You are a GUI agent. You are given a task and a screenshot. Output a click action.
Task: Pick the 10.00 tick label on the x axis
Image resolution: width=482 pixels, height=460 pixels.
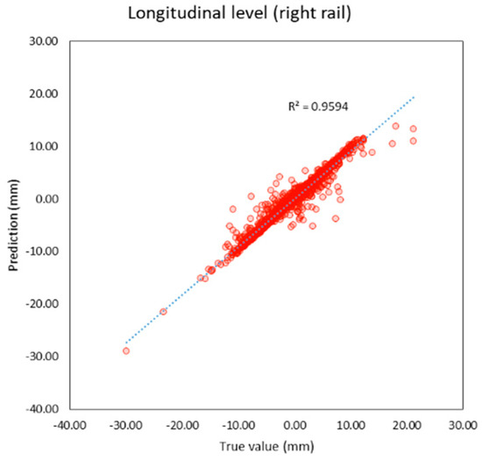tap(351, 424)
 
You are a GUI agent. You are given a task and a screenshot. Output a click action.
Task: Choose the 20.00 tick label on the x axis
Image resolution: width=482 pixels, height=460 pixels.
tap(408, 424)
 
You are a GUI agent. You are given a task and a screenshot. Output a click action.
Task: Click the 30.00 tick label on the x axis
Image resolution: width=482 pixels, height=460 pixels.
tap(464, 424)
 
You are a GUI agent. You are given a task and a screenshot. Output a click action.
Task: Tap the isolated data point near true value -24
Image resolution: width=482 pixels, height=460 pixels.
tap(163, 311)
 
